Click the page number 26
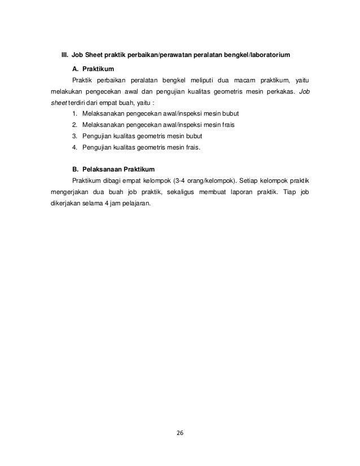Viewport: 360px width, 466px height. (180, 433)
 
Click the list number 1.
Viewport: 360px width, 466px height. (74, 115)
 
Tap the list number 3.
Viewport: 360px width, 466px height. (74, 137)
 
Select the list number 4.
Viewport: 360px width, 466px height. (74, 148)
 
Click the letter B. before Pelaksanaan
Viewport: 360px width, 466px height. (76, 170)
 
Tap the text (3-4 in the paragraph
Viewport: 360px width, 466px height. (182, 181)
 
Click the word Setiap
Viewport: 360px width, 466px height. (248, 181)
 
